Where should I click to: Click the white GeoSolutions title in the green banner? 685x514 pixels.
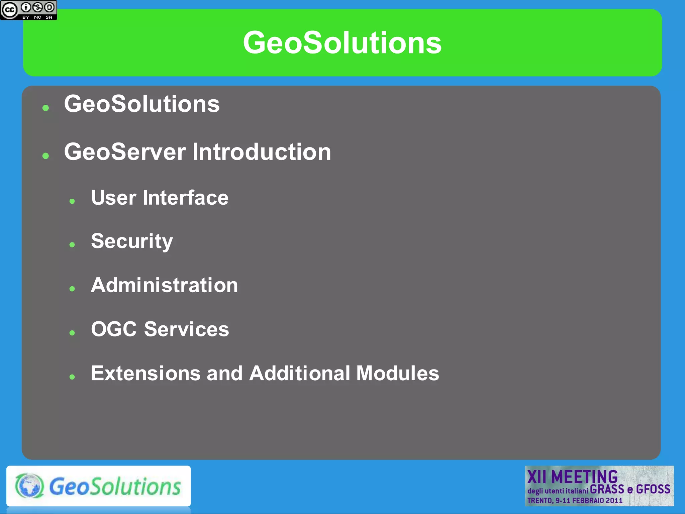point(342,43)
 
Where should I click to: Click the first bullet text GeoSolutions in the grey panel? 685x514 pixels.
point(142,104)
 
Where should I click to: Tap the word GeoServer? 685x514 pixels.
point(125,152)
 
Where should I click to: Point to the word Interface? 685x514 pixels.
point(186,198)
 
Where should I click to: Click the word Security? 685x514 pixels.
point(132,241)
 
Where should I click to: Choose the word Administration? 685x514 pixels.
point(164,285)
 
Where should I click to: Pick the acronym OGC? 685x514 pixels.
point(114,329)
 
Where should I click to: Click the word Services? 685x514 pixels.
point(187,329)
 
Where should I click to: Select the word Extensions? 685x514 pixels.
point(145,373)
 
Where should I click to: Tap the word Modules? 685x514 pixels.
point(397,373)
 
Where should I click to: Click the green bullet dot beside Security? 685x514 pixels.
point(72,245)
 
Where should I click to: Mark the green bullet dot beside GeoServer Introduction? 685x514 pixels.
point(46,156)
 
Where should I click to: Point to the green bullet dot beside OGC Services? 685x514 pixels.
point(72,333)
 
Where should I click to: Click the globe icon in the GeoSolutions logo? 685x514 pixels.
point(29,486)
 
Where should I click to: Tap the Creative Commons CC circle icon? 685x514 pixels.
point(9,10)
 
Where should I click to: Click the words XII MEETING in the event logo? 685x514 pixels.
point(572,477)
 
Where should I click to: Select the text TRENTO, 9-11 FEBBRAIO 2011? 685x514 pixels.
point(575,501)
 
